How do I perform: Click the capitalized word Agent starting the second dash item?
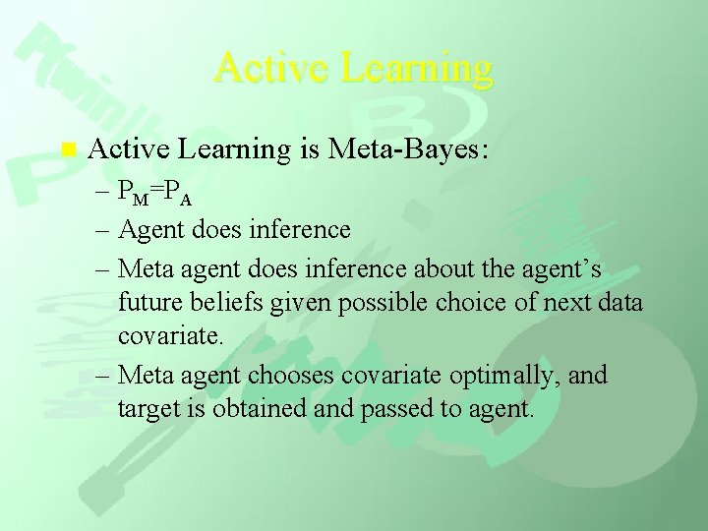point(149,230)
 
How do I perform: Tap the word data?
point(619,302)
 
